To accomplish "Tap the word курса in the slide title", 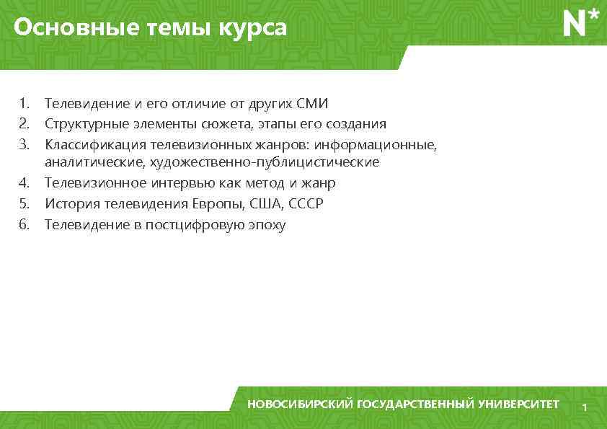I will pos(255,28).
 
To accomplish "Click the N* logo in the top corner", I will pos(580,23).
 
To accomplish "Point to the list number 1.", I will pos(24,104).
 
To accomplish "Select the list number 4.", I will pos(24,183).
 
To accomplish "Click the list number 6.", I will pos(24,225).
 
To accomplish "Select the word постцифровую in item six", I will pos(195,225).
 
